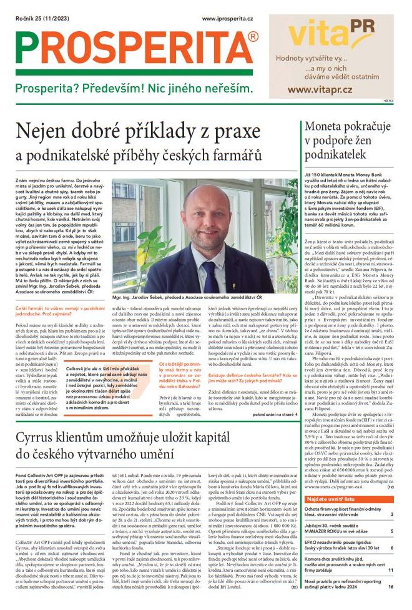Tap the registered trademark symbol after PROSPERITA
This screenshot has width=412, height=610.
coord(253,37)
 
